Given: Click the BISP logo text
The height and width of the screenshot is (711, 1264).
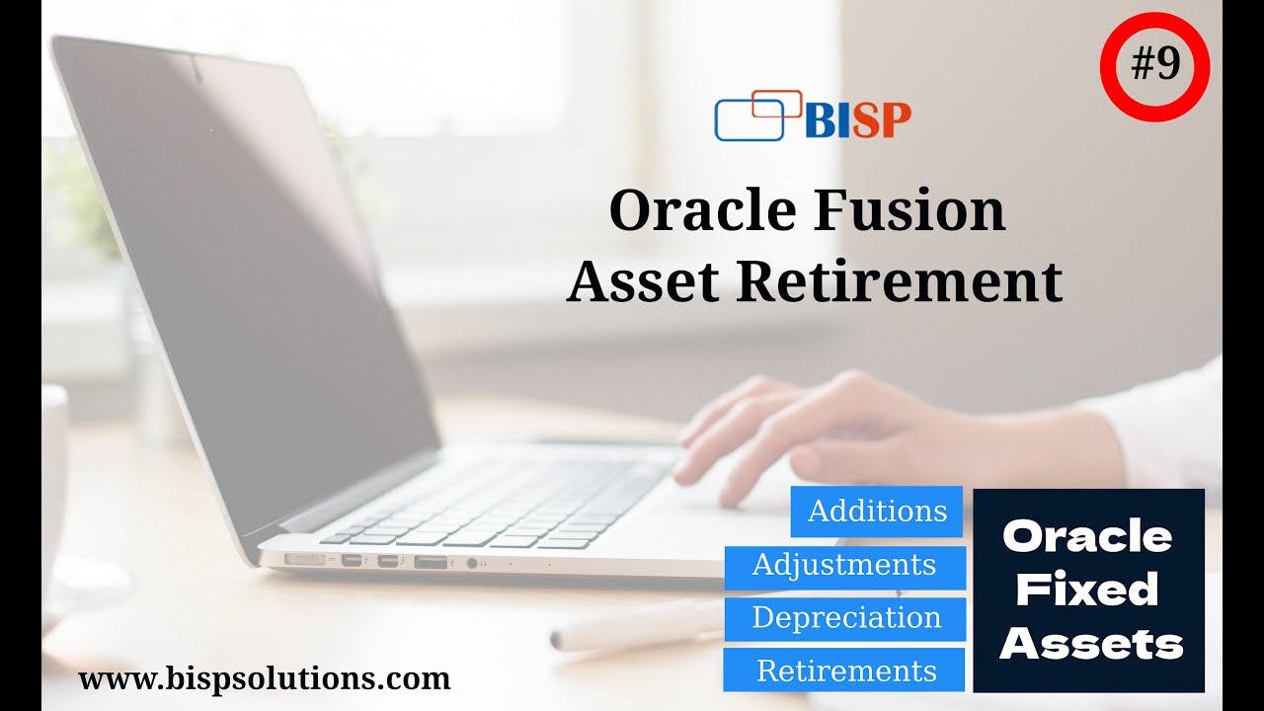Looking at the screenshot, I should click(x=857, y=119).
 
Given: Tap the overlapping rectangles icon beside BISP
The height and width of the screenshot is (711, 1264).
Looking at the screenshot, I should click(x=757, y=117).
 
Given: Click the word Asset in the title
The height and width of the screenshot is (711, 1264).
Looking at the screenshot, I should click(x=643, y=281).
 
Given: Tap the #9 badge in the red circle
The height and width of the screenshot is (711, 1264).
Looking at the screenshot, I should click(x=1154, y=66).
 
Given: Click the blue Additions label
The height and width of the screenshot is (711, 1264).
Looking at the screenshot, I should click(x=877, y=512).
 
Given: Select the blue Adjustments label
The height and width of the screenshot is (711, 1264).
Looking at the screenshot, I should click(x=844, y=565).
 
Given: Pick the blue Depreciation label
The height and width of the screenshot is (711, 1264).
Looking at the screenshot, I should click(x=845, y=618).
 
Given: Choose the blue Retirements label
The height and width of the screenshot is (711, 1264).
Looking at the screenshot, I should click(x=845, y=671).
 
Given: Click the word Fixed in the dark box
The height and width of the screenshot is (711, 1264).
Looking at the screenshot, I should click(x=1087, y=591).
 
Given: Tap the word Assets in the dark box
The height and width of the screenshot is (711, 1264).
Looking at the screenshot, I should click(x=1090, y=645).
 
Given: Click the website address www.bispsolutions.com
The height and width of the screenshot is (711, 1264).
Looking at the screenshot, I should click(x=264, y=679).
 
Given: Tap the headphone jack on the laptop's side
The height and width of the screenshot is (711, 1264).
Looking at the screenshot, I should click(x=471, y=562).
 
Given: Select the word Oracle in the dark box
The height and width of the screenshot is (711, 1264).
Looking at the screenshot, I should click(x=1087, y=537).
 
